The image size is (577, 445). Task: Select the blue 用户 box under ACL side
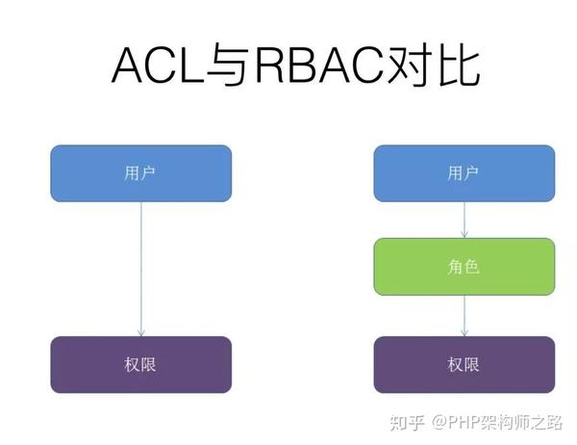[140, 173]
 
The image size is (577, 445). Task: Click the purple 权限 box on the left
[140, 365]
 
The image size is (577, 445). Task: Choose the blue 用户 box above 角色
[464, 173]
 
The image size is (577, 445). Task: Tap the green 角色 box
[464, 267]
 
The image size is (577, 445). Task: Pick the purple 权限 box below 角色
[464, 365]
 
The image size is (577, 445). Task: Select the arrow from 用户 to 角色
[465, 220]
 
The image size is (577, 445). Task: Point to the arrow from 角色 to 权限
[465, 315]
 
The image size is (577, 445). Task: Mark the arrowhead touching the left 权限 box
[141, 332]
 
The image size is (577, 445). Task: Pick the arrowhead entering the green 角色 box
[465, 235]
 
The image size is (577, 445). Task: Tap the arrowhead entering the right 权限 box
[465, 332]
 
